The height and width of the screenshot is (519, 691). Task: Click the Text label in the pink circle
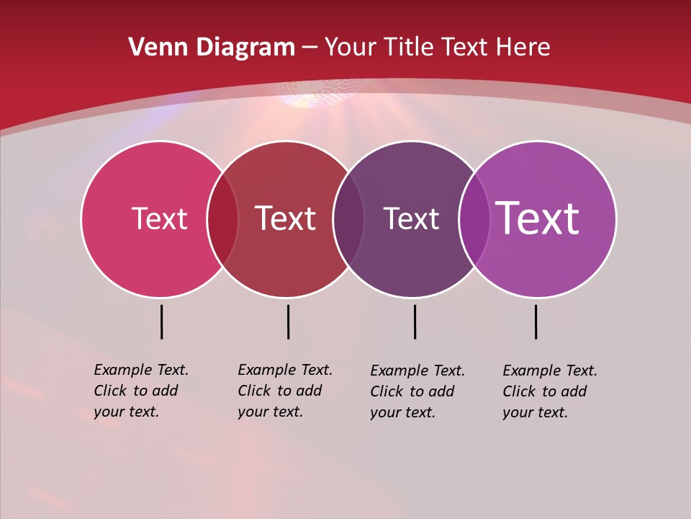159,218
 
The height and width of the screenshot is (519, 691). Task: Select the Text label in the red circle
285,218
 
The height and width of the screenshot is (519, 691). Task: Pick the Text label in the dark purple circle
411,218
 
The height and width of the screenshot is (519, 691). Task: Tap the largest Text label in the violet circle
538,218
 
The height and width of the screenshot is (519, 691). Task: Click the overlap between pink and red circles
222,218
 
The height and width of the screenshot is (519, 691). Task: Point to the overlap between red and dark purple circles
348,218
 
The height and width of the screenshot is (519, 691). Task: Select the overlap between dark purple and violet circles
474,218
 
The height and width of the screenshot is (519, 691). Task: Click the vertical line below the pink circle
161,321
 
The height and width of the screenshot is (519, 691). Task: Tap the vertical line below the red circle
288,321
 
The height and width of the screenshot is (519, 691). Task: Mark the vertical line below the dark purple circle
415,321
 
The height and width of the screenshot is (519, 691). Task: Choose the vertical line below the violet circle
536,321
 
